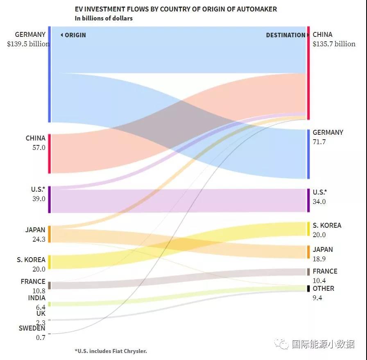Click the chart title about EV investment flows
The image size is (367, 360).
pyautogui.click(x=176, y=9)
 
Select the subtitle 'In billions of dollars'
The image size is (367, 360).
pyautogui.click(x=104, y=18)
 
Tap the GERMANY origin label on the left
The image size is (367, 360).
pyautogui.click(x=30, y=34)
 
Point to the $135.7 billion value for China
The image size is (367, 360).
pyautogui.click(x=334, y=44)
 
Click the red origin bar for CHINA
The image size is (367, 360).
pyautogui.click(x=49, y=154)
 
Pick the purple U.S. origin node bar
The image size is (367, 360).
pyautogui.click(x=49, y=199)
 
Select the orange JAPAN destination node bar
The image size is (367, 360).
pyautogui.click(x=308, y=252)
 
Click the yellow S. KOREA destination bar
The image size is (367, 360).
pyautogui.click(x=308, y=229)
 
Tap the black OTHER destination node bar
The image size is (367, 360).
pyautogui.click(x=308, y=288)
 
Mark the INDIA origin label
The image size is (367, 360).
pyautogui.click(x=37, y=298)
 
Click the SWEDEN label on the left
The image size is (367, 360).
pyautogui.click(x=32, y=328)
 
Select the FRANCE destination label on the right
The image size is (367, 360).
pyautogui.click(x=325, y=271)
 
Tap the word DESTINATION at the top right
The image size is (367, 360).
pyautogui.click(x=285, y=35)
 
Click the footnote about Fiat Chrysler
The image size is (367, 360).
pyautogui.click(x=111, y=351)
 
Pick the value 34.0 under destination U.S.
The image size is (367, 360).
pyautogui.click(x=319, y=202)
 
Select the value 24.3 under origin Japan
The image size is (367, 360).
pyautogui.click(x=39, y=239)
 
